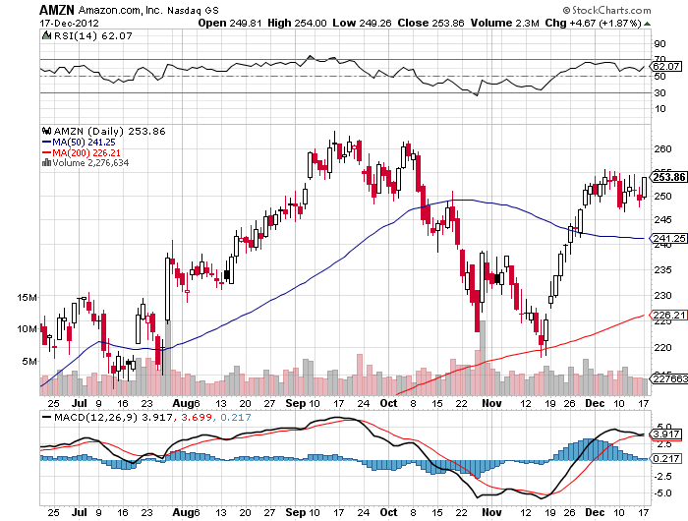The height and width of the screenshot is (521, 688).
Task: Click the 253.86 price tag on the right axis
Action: [668, 177]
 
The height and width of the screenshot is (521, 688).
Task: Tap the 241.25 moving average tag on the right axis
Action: [667, 238]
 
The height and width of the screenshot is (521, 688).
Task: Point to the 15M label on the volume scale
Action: [27, 297]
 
